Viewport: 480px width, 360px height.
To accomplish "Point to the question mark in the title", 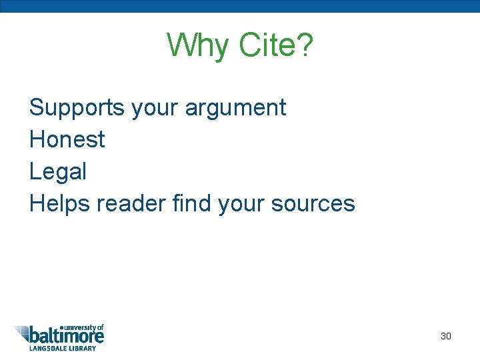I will (303, 45).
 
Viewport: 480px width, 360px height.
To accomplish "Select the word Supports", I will (77, 108).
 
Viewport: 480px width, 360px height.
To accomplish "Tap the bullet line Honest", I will (67, 139).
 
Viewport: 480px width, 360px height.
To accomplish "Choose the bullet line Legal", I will (58, 172).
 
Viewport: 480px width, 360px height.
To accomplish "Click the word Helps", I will (61, 203).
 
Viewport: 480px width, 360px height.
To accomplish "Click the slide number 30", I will (446, 336).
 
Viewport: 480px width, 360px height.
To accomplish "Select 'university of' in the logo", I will (83, 327).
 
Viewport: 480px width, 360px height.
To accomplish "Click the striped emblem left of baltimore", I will (21, 333).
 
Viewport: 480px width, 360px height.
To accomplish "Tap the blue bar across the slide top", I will (240, 6).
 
